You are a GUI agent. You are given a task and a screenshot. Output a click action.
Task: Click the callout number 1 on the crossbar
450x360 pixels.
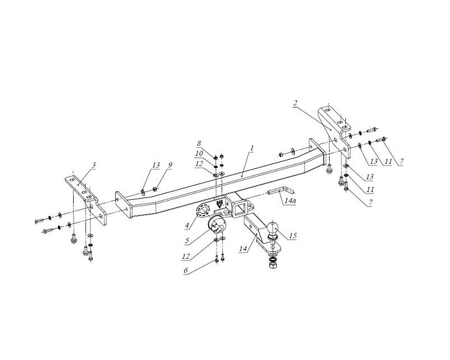click(251, 148)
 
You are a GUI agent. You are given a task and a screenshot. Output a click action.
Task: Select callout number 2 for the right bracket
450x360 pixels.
click(296, 103)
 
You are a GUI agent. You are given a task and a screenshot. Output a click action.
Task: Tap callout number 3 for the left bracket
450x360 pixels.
click(94, 165)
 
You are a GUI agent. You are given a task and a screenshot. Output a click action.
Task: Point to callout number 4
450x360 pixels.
click(187, 226)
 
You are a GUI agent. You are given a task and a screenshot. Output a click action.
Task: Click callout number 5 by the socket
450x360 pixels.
click(187, 240)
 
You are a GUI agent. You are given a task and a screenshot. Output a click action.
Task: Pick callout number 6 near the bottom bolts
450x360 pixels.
click(186, 271)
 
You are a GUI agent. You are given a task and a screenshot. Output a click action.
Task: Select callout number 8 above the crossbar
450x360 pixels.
click(199, 143)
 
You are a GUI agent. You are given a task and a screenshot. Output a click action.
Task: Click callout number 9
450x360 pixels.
click(170, 165)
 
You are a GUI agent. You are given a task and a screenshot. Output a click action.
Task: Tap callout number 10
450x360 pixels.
click(199, 154)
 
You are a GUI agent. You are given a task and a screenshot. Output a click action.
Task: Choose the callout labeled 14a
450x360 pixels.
click(290, 201)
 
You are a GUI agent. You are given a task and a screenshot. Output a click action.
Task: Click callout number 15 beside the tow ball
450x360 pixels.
click(292, 236)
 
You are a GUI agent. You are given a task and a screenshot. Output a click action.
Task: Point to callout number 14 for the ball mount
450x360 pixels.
click(243, 249)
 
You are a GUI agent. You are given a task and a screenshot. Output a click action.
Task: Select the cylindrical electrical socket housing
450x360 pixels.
click(217, 227)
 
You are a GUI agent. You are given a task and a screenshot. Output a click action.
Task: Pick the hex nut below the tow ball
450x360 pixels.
click(272, 265)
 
